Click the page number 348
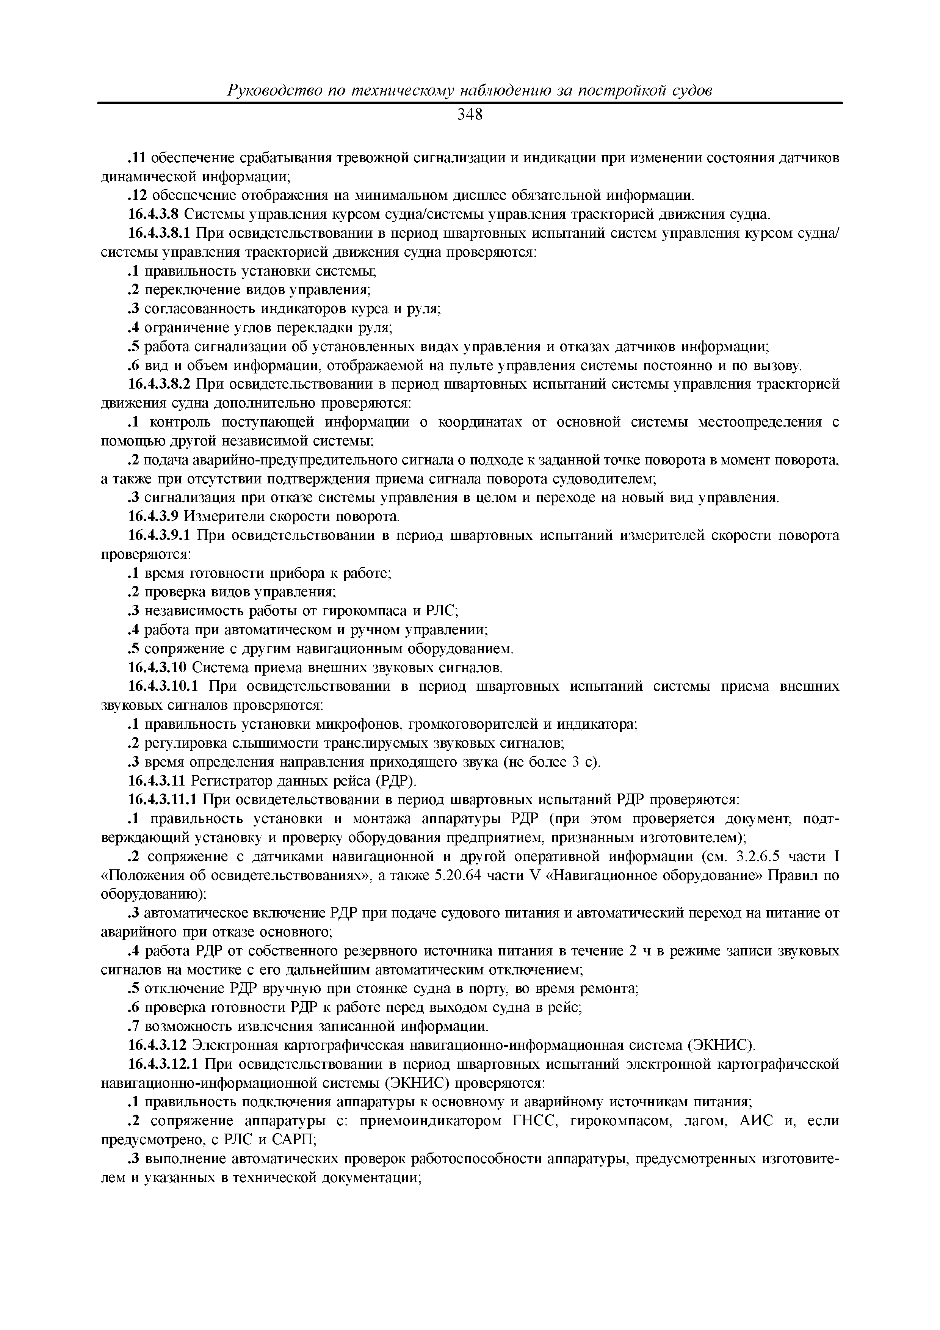[470, 115]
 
